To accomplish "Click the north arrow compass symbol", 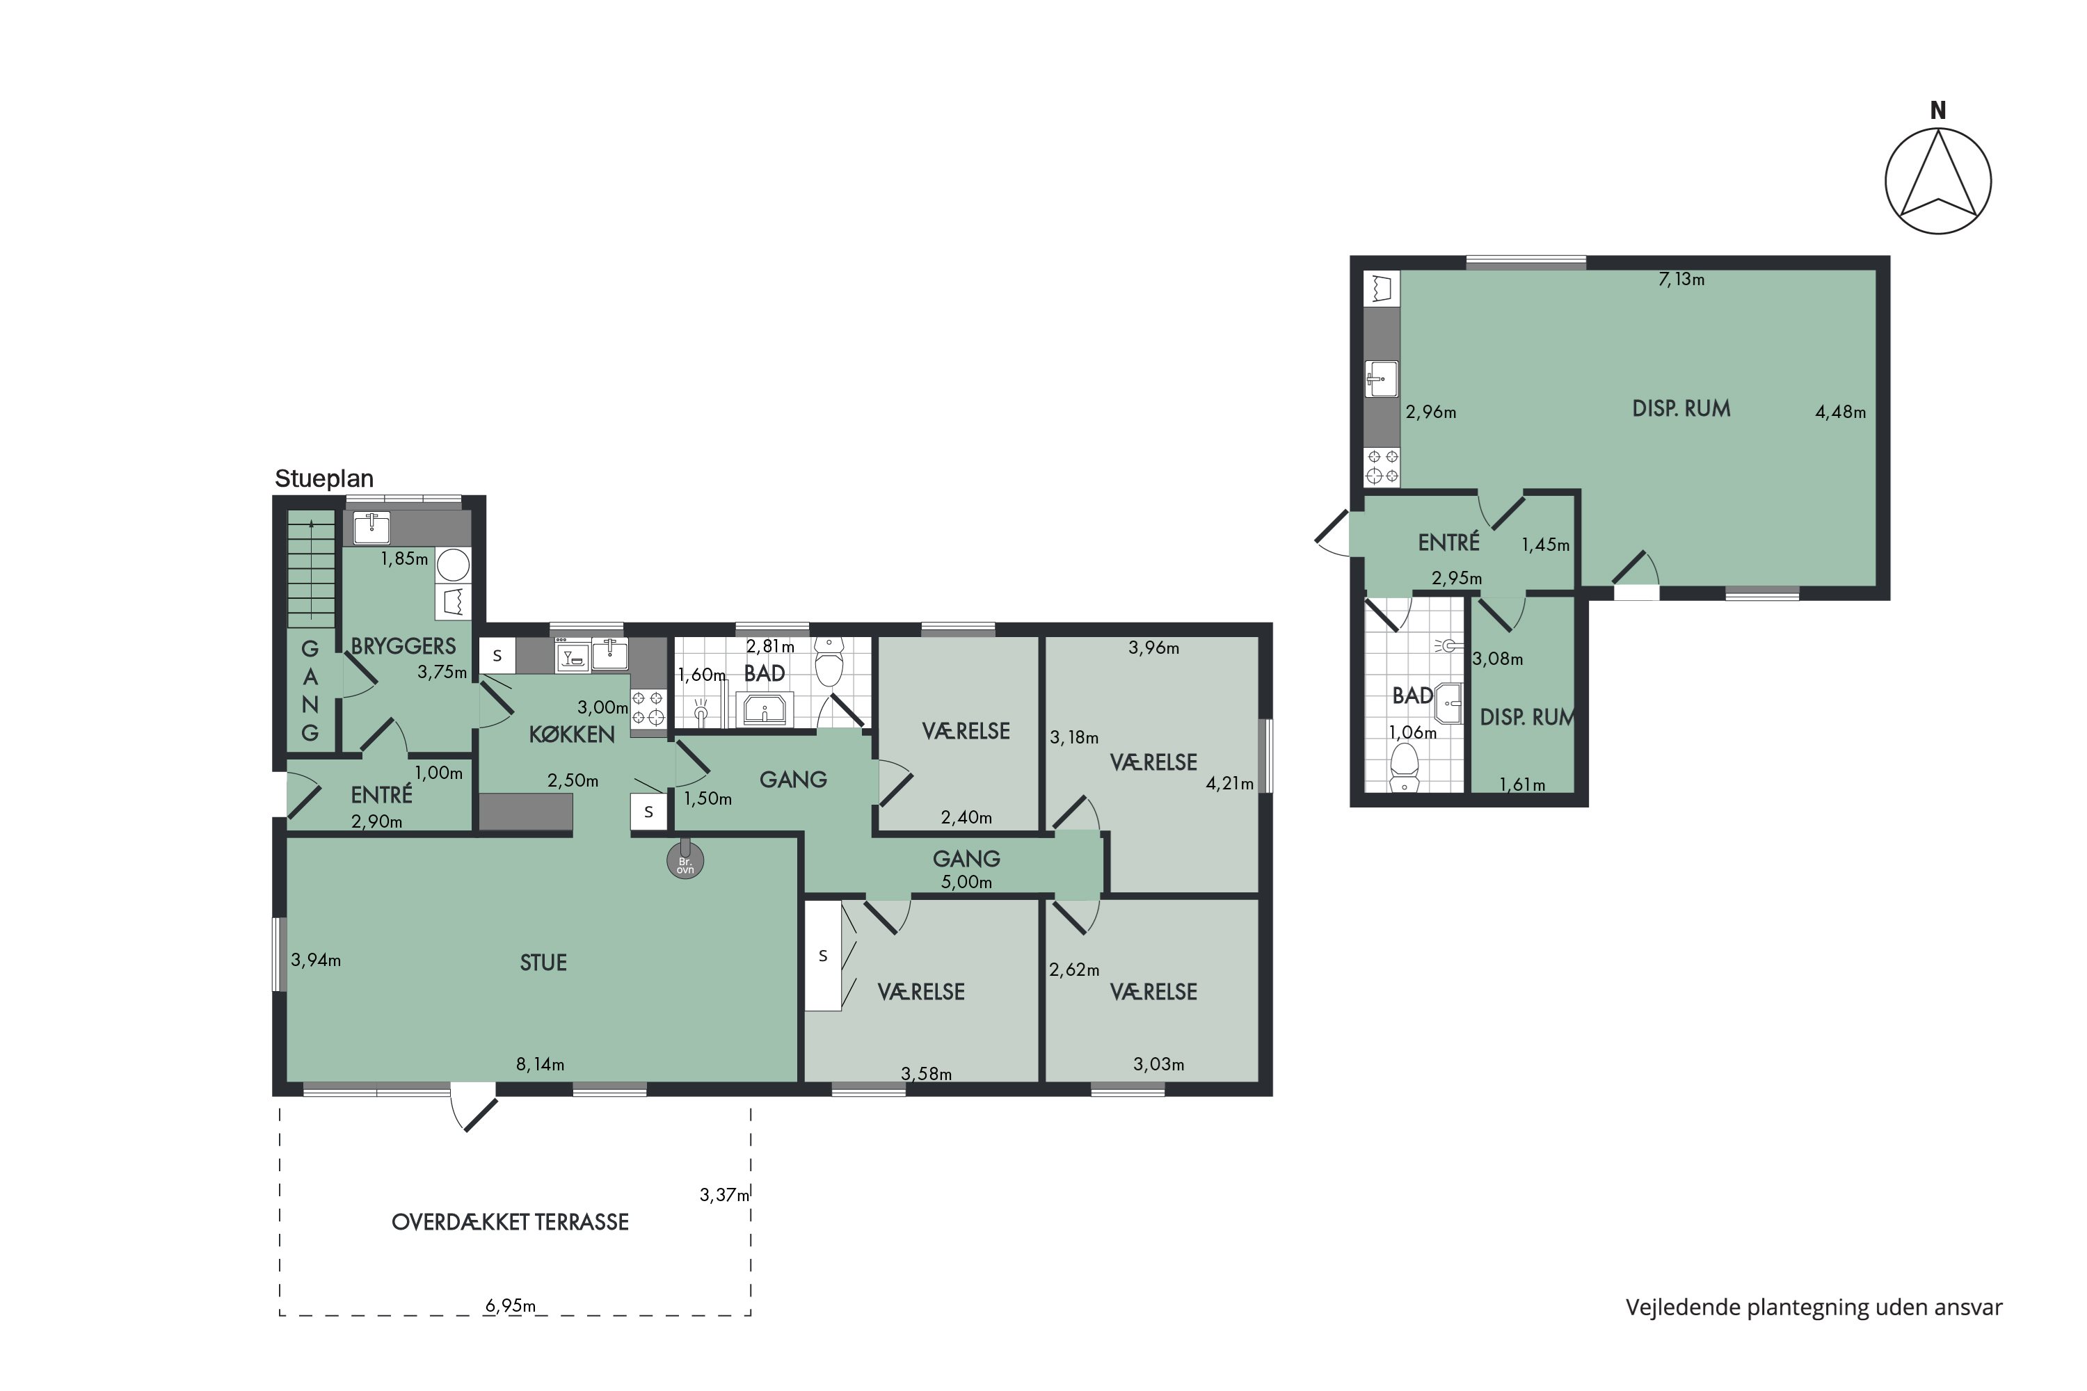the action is pyautogui.click(x=1938, y=181).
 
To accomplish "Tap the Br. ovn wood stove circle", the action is pyautogui.click(x=685, y=862).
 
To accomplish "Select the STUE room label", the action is pyautogui.click(x=543, y=963).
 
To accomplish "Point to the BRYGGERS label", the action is pyautogui.click(x=403, y=646).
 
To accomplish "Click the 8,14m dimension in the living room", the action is pyautogui.click(x=541, y=1065).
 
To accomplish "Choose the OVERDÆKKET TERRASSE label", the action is pyautogui.click(x=510, y=1223).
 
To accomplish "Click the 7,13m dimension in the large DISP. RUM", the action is pyautogui.click(x=1681, y=280).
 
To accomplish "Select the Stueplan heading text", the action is pyautogui.click(x=324, y=479).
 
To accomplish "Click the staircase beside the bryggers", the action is pyautogui.click(x=310, y=568).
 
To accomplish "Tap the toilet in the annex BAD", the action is pyautogui.click(x=1404, y=766).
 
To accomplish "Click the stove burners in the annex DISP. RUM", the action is pyautogui.click(x=1382, y=467).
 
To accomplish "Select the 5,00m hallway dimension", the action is pyautogui.click(x=966, y=883).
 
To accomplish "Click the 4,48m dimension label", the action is pyautogui.click(x=1840, y=412).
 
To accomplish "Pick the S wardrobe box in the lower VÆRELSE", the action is pyautogui.click(x=822, y=956).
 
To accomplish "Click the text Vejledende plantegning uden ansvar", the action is pyautogui.click(x=1814, y=1308).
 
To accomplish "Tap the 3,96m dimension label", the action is pyautogui.click(x=1153, y=648).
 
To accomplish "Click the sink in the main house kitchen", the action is pyautogui.click(x=609, y=654).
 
